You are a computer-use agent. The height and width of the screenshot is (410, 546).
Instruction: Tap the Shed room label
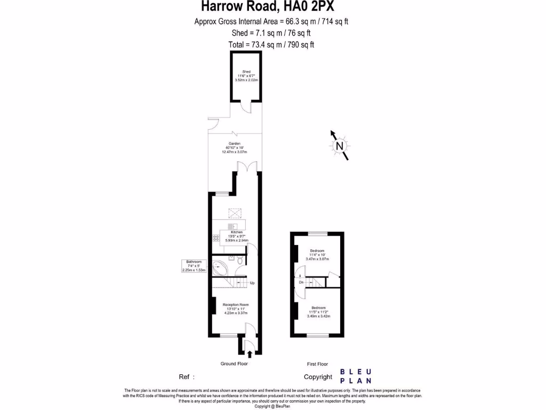coord(246,72)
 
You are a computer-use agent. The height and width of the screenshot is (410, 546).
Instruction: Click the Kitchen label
coord(237,232)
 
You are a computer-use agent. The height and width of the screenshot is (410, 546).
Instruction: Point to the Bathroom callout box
coord(194,266)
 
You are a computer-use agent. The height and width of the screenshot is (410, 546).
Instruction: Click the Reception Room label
coord(236,305)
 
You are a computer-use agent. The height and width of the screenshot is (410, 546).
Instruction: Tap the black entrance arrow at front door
coord(250,353)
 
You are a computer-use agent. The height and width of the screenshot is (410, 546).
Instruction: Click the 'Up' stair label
coord(252,283)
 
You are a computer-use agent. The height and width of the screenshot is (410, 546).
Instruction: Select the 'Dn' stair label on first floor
coord(301,282)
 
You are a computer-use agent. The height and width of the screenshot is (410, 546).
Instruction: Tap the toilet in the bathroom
coord(240,261)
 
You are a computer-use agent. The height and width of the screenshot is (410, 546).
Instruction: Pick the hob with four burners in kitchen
coord(216,238)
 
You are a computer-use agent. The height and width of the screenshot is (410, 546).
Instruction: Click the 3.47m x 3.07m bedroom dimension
coord(317,259)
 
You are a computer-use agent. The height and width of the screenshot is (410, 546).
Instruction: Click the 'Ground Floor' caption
coord(235,364)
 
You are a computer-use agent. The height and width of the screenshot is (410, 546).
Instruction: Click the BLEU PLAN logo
coord(356,376)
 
